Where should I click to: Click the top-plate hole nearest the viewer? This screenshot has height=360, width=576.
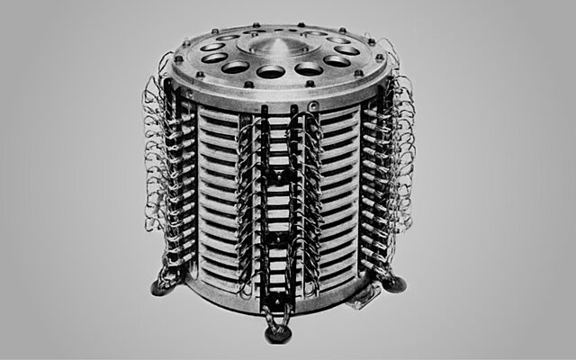click(x=271, y=71)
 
